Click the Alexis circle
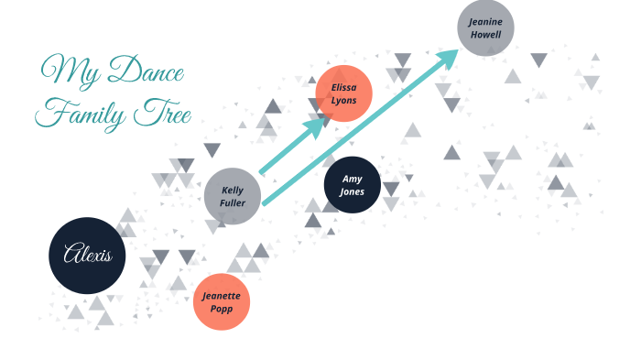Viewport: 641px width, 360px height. coord(86,255)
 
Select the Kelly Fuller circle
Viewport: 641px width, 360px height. coord(233,196)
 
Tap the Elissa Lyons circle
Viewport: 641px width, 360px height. coord(343,93)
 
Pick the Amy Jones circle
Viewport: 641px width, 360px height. coord(353,185)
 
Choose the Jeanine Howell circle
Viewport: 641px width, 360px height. coord(485,27)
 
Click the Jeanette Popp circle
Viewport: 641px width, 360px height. coord(222,301)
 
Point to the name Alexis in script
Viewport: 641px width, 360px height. coord(86,255)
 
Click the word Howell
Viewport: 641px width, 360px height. coord(485,35)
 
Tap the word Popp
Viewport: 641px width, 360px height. coord(222,310)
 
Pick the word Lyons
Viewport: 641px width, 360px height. coord(343,101)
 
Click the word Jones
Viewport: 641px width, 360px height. coord(353,192)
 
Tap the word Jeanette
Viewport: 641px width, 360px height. coord(222,295)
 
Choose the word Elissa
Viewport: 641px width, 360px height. coord(343,87)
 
